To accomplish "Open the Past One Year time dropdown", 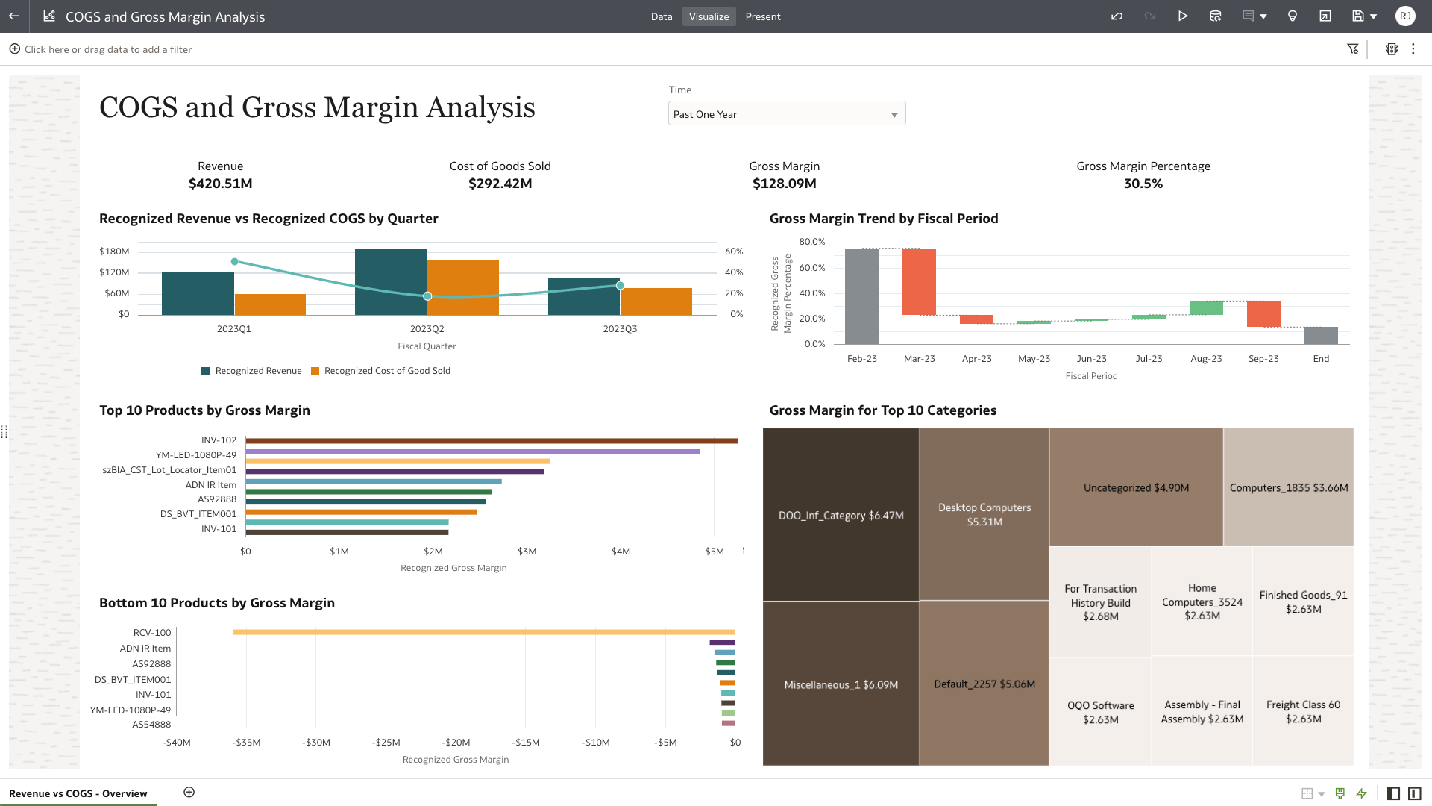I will click(x=786, y=114).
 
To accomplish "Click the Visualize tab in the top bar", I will click(x=709, y=16).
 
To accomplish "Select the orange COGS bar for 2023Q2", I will click(x=463, y=287).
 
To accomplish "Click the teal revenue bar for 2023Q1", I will click(x=198, y=293).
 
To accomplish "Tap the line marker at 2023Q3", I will click(x=620, y=285).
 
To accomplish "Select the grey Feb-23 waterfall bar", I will click(x=861, y=296).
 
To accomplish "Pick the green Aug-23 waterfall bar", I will click(x=1206, y=307).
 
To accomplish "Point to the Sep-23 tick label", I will click(x=1263, y=359).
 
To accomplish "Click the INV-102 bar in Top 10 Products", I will click(x=491, y=441).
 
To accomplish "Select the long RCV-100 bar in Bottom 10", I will click(x=483, y=632).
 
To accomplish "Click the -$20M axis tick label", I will click(x=456, y=743).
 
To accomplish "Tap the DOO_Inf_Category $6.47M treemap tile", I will click(x=841, y=515).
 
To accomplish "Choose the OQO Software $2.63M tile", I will click(x=1100, y=712).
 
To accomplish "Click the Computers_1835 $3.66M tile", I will click(x=1288, y=487).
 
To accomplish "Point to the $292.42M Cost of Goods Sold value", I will click(x=500, y=184).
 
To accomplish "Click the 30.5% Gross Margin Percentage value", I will click(x=1143, y=184).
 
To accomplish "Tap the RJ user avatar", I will click(x=1405, y=16).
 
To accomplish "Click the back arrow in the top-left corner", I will click(x=14, y=16).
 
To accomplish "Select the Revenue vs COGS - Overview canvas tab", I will click(x=78, y=793).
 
